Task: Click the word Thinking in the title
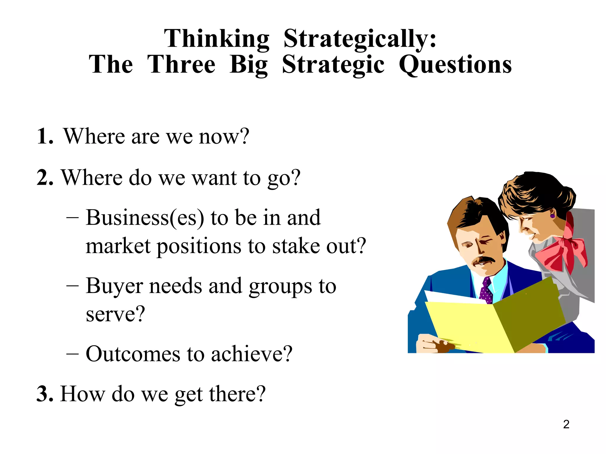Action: tap(217, 39)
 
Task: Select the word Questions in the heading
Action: tap(455, 65)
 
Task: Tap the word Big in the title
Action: tap(249, 65)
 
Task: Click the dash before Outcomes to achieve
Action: tap(72, 354)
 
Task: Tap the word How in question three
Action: tap(83, 394)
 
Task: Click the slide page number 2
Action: tap(566, 424)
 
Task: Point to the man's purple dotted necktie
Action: tap(486, 291)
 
